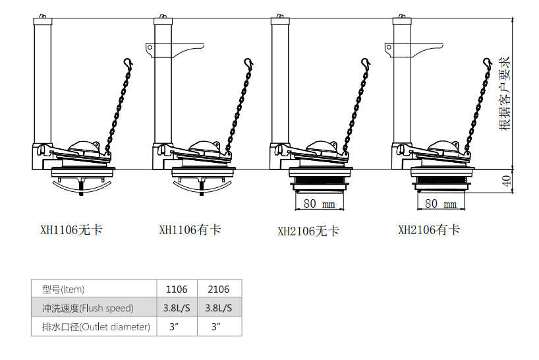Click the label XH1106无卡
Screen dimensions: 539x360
(72, 229)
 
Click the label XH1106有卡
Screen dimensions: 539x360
(190, 229)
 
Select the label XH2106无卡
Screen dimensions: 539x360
(308, 231)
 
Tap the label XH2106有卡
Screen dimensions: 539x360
(429, 229)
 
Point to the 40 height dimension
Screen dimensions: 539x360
(506, 181)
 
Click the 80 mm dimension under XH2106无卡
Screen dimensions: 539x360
(319, 204)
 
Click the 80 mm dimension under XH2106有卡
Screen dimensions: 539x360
(441, 204)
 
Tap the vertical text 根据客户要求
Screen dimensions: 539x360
(505, 94)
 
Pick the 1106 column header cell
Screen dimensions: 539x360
(177, 289)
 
